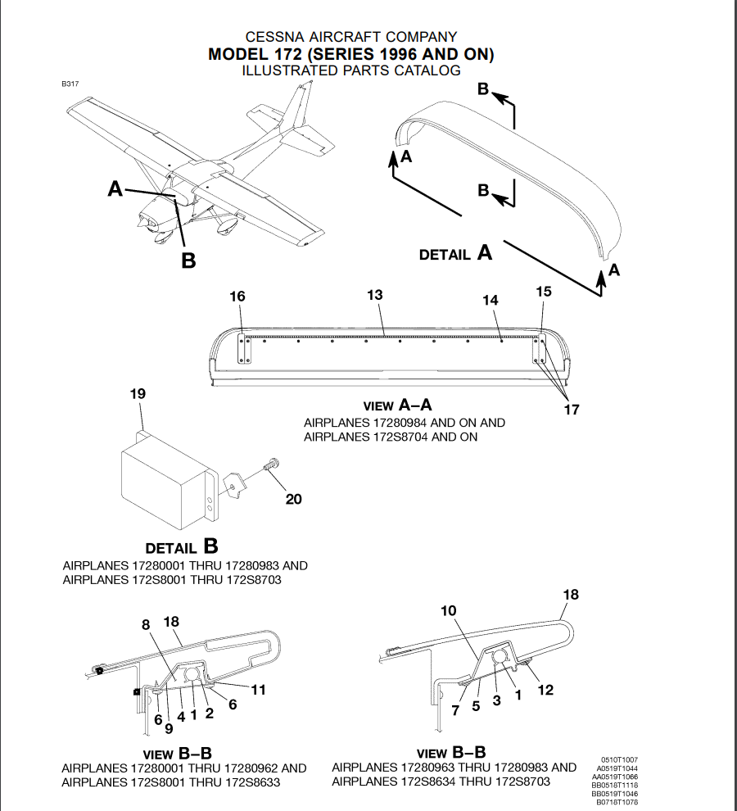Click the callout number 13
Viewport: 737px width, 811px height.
(375, 295)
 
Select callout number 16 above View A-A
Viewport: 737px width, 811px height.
(237, 297)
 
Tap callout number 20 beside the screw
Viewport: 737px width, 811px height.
(293, 498)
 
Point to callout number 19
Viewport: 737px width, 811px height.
(138, 394)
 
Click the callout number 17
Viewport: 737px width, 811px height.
(571, 409)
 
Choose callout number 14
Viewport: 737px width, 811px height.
(490, 301)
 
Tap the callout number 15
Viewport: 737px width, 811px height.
(544, 292)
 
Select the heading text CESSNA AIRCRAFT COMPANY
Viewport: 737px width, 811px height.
(351, 37)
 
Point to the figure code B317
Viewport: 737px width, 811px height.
(70, 84)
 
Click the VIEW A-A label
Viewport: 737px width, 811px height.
(396, 405)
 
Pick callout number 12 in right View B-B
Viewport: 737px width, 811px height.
(545, 690)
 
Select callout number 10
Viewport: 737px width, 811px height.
(448, 611)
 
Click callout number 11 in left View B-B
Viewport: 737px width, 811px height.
(258, 690)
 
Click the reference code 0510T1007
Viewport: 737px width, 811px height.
(620, 760)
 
